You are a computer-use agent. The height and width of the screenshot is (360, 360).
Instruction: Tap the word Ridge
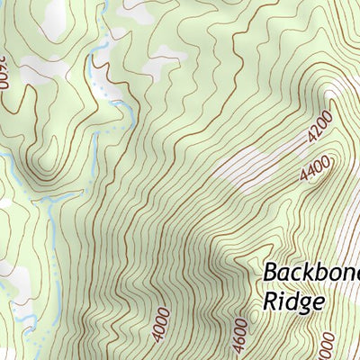(x=293, y=302)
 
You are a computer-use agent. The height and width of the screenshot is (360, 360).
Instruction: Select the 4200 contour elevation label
(x=319, y=128)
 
